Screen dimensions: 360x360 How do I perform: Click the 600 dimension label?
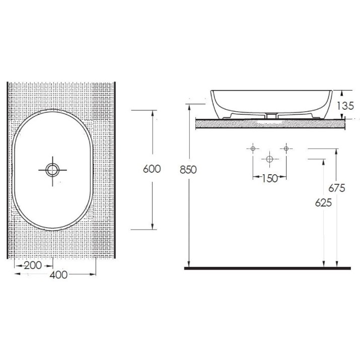point(152,169)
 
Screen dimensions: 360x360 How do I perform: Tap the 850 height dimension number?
point(188,170)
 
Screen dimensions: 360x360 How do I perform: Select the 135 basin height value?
point(345,106)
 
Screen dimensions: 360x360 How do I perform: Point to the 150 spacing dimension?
point(270,179)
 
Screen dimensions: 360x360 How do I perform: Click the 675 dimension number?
point(337,188)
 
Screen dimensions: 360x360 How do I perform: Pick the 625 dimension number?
point(323,203)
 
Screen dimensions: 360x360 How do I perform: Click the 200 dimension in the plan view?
point(33,266)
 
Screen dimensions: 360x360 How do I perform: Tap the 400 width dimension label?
point(58,275)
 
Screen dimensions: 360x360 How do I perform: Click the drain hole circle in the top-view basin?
point(52,170)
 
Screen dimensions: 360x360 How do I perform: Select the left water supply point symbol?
point(253,149)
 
